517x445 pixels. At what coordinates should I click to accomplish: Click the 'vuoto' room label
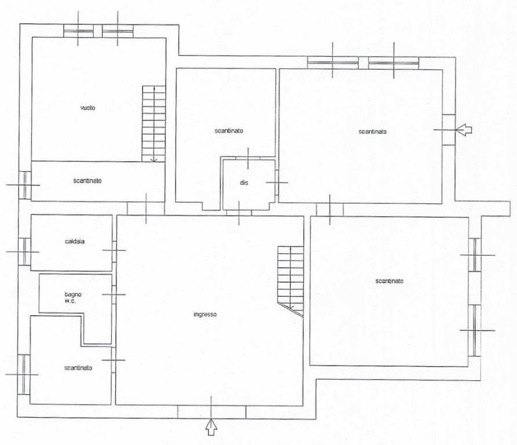pos(88,108)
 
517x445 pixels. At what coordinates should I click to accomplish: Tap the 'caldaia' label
pos(75,241)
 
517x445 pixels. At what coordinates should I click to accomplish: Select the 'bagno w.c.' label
pos(73,297)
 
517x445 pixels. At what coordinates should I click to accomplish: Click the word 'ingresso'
pos(205,314)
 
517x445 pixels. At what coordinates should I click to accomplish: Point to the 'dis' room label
pos(244,183)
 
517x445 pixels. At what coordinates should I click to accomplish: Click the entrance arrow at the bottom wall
pos(212,427)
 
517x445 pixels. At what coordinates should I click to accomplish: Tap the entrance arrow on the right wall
pos(464,130)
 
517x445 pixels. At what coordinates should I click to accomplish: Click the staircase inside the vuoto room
pos(154,123)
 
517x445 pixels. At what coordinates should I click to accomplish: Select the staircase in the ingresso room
pos(290,281)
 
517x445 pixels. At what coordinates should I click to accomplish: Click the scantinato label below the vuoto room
pos(88,181)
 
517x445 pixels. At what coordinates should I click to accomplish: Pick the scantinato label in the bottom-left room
pos(78,368)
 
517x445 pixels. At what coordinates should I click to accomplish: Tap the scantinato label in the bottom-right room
pos(389,281)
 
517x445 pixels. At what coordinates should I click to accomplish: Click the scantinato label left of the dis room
pos(229,131)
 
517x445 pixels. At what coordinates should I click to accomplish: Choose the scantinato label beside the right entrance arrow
pos(373,132)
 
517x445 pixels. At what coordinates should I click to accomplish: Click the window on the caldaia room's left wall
pos(25,251)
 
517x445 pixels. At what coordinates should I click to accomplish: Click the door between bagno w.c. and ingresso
pos(114,294)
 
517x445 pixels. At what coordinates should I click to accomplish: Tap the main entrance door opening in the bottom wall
pos(212,412)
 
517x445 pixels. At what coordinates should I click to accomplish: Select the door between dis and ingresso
pos(239,213)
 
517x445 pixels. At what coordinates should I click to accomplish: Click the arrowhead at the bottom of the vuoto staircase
pos(154,161)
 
